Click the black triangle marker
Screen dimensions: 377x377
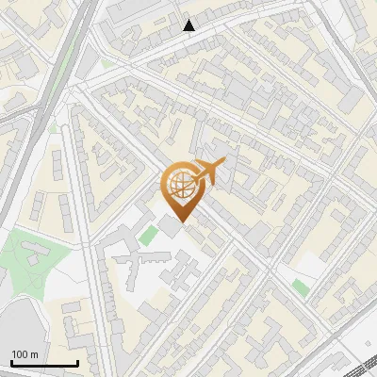[189, 25]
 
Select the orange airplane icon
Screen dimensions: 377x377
[209, 172]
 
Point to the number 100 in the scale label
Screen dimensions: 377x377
[21, 354]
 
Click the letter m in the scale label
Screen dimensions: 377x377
[35, 354]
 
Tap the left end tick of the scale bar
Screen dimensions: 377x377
[11, 363]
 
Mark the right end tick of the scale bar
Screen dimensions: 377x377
[77, 363]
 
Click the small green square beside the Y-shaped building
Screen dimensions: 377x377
[148, 234]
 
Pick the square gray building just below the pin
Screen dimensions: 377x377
[170, 226]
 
